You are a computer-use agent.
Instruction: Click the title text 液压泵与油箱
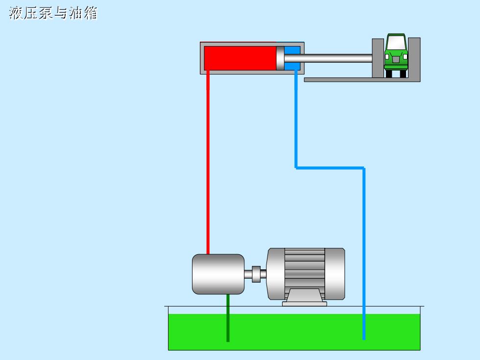53,13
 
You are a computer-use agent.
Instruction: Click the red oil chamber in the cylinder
240,58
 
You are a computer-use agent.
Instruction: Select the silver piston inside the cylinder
280,58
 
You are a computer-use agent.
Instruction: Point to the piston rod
328,58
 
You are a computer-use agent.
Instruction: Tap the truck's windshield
396,42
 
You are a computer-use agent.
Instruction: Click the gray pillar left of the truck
378,58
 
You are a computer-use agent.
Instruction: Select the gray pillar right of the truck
414,58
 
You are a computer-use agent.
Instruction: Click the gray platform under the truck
362,80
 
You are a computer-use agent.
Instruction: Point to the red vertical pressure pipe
208,162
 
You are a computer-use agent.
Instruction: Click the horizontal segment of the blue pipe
330,168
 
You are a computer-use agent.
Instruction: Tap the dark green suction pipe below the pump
228,318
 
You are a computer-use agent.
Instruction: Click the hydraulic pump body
218,274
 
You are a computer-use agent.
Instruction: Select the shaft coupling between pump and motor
256,274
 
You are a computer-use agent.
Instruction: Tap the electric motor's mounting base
305,298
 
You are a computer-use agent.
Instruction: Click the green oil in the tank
294,332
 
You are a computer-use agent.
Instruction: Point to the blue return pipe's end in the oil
364,339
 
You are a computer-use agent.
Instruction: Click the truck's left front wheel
389,74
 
